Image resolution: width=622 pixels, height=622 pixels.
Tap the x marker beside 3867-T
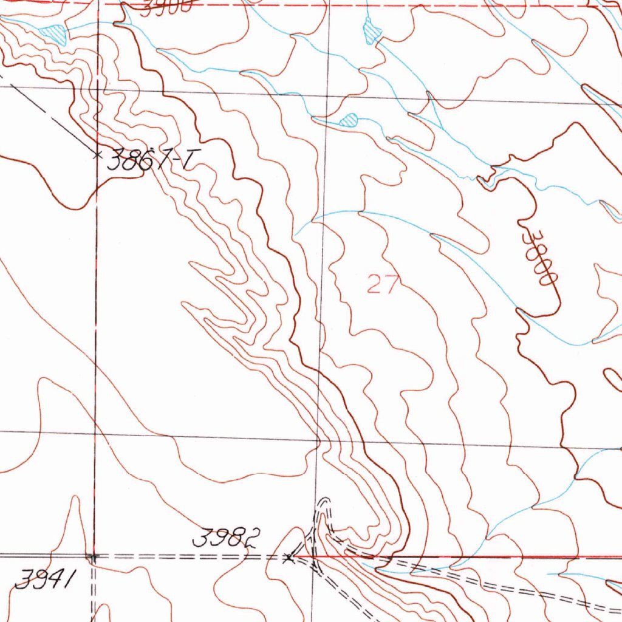coord(96,154)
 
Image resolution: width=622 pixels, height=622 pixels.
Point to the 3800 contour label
coord(540,256)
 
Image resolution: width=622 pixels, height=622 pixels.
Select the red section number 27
coord(383,284)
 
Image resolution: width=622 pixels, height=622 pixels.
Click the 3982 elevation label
coord(226,538)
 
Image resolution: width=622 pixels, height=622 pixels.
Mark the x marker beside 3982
coord(290,556)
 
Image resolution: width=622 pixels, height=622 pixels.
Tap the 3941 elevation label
coord(44,580)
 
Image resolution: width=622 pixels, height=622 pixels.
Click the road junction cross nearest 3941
coord(92,556)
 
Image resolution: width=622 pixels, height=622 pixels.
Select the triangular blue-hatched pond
coord(55,33)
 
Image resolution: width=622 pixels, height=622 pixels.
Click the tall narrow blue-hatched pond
coord(370,30)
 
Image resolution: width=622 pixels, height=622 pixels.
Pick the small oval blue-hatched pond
coord(349,119)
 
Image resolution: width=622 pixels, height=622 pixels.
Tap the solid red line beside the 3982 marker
coord(425,556)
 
